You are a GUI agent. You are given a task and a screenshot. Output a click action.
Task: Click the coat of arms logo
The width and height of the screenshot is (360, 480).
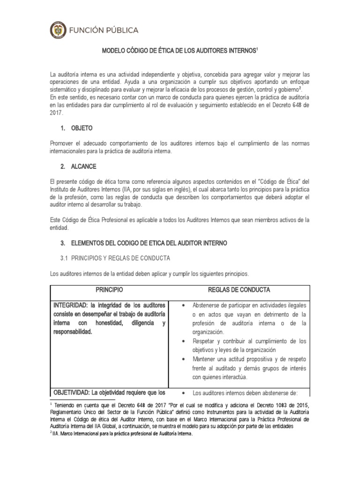[58, 30]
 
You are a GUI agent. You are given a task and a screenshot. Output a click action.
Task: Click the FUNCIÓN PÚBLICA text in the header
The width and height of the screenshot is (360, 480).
[104, 30]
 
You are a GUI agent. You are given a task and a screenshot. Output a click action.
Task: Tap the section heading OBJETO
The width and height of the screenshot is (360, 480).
[82, 127]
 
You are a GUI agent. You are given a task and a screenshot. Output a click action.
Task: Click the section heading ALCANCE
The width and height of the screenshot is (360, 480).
[84, 167]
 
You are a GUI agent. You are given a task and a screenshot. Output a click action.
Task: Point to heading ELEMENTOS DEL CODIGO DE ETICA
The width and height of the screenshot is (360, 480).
[149, 243]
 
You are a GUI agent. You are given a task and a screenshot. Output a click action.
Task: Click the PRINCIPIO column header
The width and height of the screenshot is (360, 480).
[109, 290]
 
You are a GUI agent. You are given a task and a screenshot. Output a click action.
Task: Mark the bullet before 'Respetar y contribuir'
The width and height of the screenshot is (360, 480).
[183, 341]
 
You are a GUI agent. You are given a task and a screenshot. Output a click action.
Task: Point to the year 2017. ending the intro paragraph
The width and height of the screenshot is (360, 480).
[57, 113]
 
